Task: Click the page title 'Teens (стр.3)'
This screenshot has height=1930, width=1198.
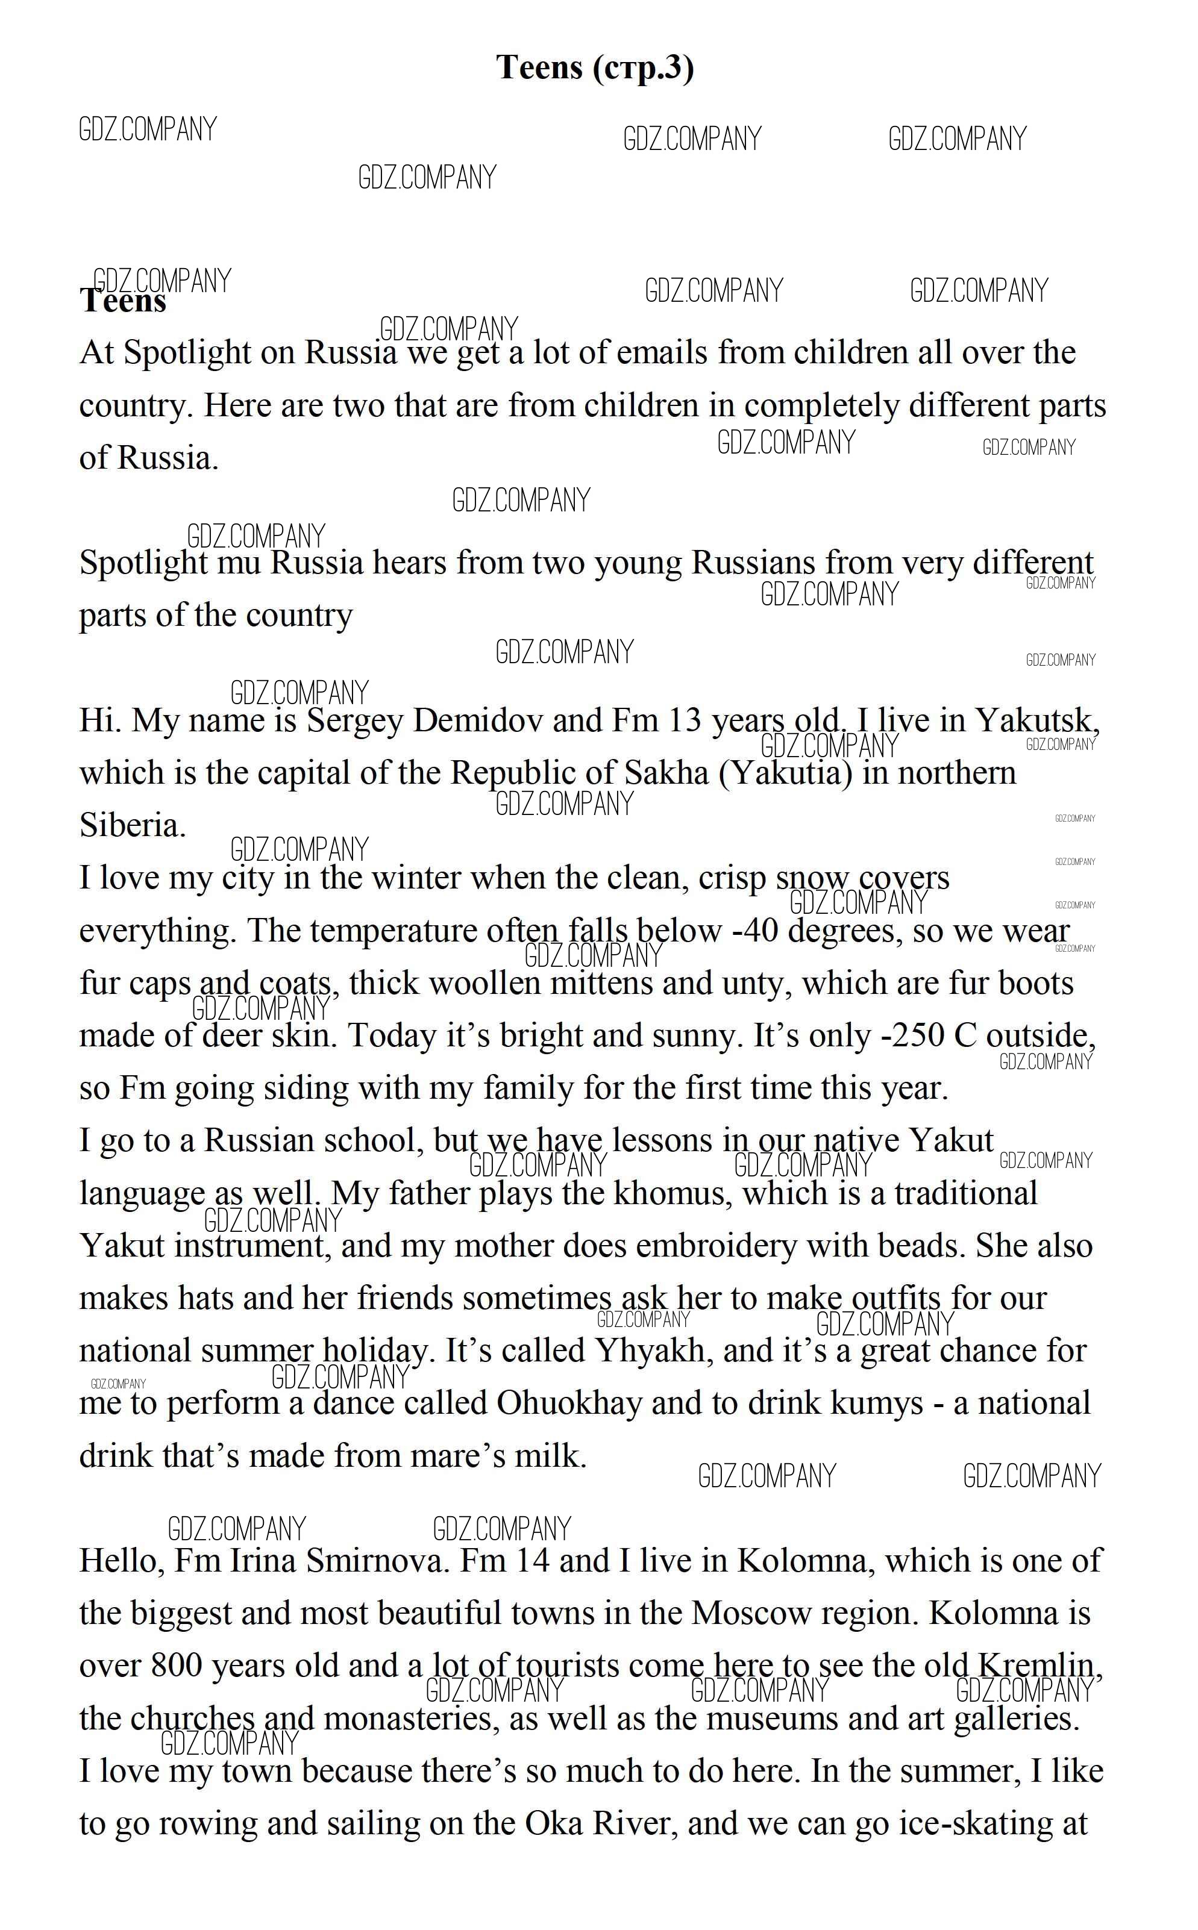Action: (595, 67)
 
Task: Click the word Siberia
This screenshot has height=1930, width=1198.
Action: (131, 826)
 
